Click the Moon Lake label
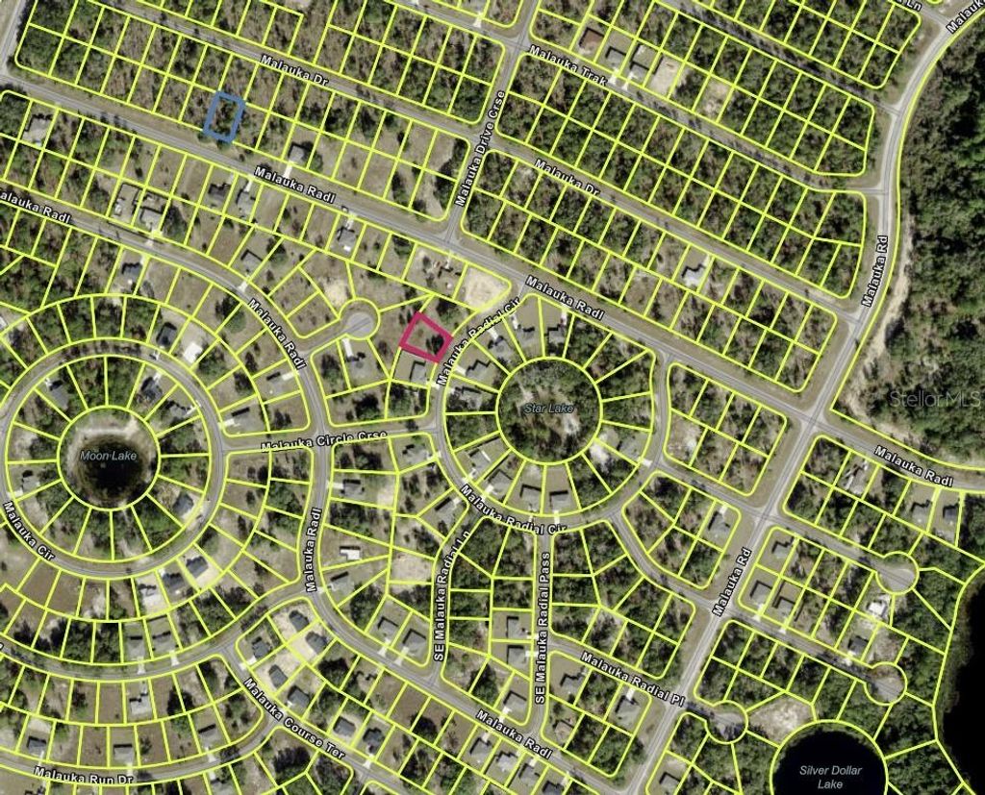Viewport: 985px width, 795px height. (109, 456)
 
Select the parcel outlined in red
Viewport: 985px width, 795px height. (425, 338)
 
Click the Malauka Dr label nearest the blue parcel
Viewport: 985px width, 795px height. (294, 74)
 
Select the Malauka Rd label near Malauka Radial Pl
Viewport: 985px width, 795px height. (732, 582)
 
